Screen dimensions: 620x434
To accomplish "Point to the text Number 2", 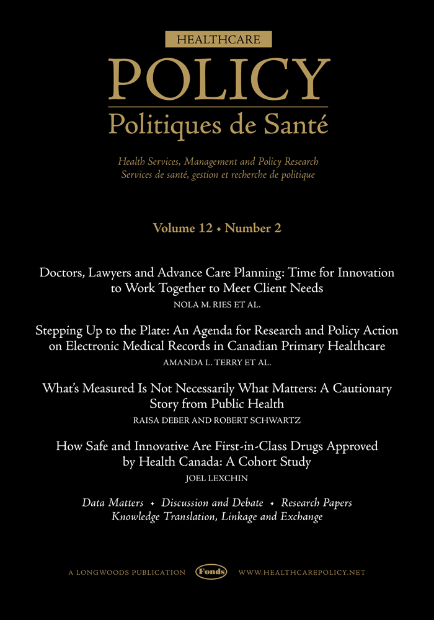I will [253, 228].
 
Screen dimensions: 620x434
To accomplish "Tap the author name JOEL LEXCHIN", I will [217, 479].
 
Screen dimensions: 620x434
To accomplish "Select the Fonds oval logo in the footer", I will [211, 572].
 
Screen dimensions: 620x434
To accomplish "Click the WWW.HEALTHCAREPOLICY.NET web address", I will [301, 572].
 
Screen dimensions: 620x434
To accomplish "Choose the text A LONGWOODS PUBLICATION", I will [126, 572].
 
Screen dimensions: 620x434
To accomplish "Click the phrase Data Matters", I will [113, 502].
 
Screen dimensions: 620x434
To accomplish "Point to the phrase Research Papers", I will [316, 502].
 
